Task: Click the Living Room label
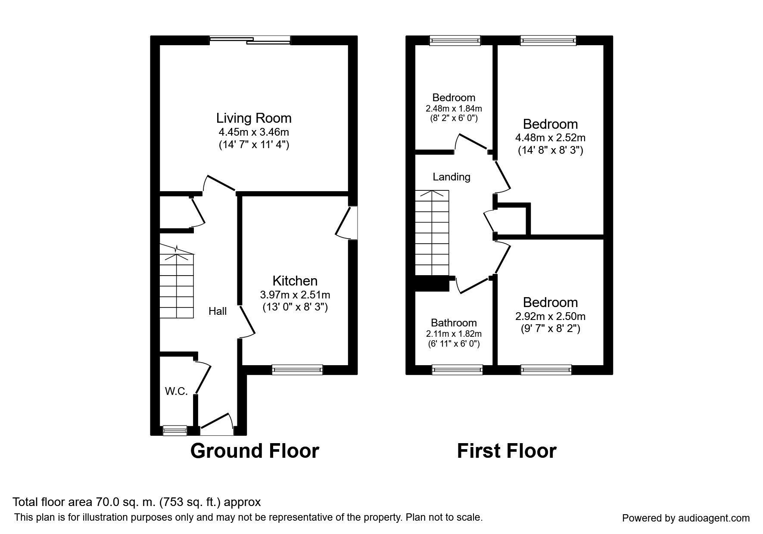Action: [x=254, y=118]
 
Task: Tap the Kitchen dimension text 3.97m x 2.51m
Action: [x=295, y=295]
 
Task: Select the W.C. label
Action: [x=177, y=391]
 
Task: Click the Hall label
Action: [x=218, y=311]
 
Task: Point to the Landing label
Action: [x=451, y=177]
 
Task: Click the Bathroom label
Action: [x=454, y=323]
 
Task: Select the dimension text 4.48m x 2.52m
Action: [x=550, y=138]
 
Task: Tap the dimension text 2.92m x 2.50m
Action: [x=550, y=317]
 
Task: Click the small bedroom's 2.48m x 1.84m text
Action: [x=454, y=108]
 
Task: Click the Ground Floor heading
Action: [x=255, y=451]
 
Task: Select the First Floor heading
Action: [x=507, y=451]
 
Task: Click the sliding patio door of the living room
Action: [x=250, y=40]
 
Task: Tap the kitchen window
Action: [x=297, y=369]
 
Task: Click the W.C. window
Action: [x=175, y=430]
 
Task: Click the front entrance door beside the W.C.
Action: [x=217, y=426]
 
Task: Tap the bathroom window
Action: [x=458, y=369]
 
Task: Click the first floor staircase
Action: [x=432, y=233]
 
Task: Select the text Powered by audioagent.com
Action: [x=686, y=518]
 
